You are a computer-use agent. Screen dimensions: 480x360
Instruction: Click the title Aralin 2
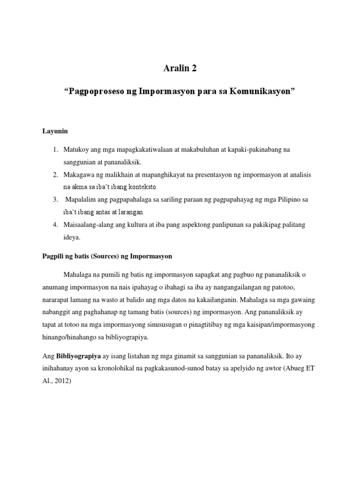coord(180,68)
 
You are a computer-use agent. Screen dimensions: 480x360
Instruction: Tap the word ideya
coord(72,237)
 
